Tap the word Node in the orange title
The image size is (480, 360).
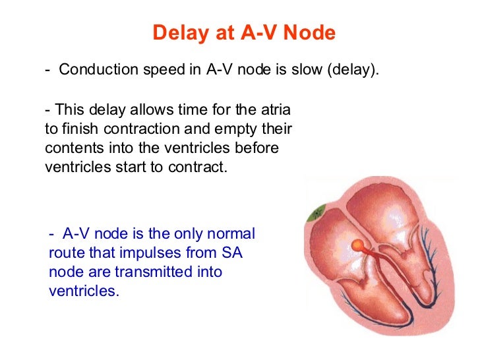(312, 33)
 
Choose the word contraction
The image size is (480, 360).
(138, 128)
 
